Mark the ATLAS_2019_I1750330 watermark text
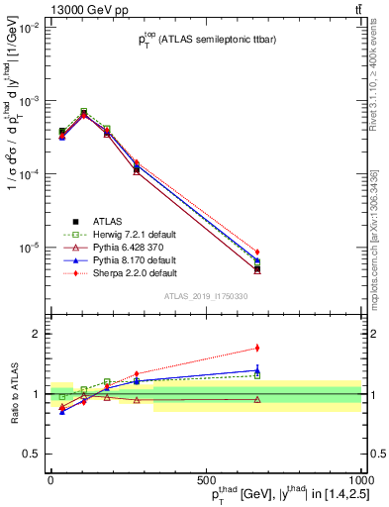point(205,295)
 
